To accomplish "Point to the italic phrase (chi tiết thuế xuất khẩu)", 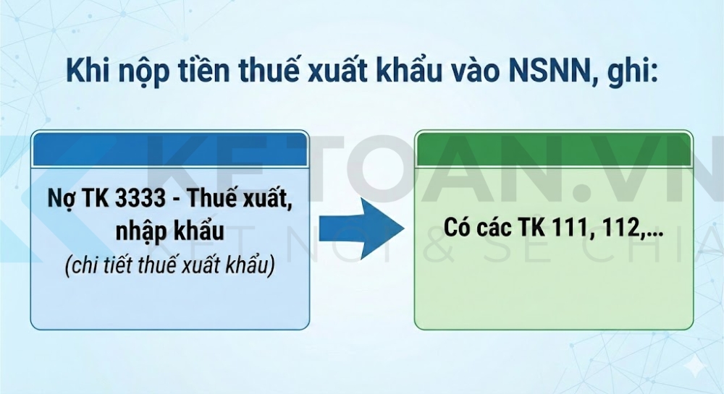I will point(170,266).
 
